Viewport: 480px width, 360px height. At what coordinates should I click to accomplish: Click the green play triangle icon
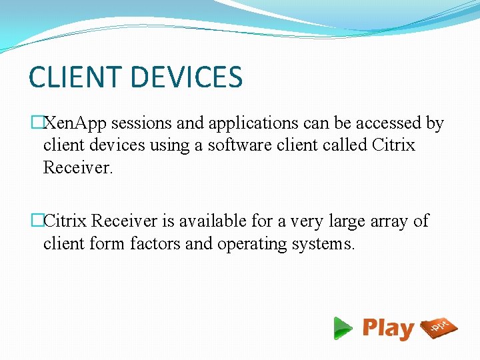click(343, 328)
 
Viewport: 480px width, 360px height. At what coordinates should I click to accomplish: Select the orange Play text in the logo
click(389, 329)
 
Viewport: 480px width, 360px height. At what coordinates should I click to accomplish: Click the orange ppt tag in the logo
click(439, 327)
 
